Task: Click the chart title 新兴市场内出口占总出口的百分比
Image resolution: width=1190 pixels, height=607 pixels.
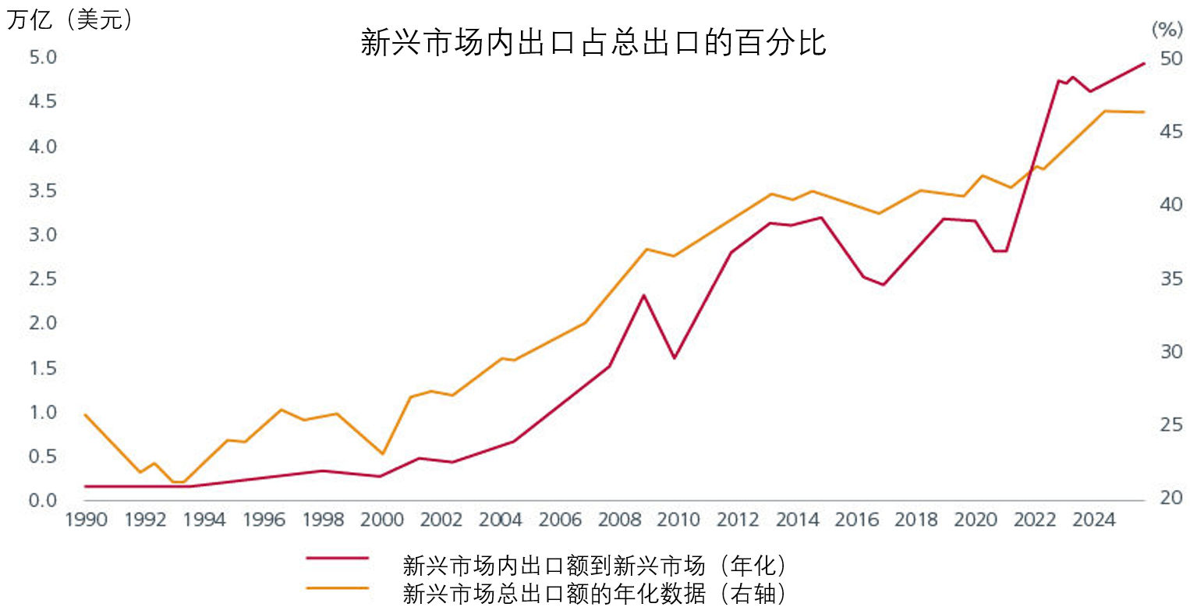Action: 593,43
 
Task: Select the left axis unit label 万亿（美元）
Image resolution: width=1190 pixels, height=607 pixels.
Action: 71,20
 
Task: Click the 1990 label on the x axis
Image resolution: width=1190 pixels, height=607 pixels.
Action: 86,520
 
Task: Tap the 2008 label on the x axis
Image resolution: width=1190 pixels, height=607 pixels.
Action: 619,520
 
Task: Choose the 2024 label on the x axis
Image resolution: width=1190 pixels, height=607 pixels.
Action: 1093,520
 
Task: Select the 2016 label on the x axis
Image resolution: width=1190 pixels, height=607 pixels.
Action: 856,520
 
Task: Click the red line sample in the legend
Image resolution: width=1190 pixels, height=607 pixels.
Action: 337,558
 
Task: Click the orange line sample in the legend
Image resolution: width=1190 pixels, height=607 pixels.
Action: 337,586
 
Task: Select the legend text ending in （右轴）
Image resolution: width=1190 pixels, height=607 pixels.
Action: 593,593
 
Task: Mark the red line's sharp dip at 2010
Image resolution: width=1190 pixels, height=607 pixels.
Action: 674,358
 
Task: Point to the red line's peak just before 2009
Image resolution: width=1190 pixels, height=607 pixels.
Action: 643,295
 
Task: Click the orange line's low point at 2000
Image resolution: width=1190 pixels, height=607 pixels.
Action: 382,454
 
